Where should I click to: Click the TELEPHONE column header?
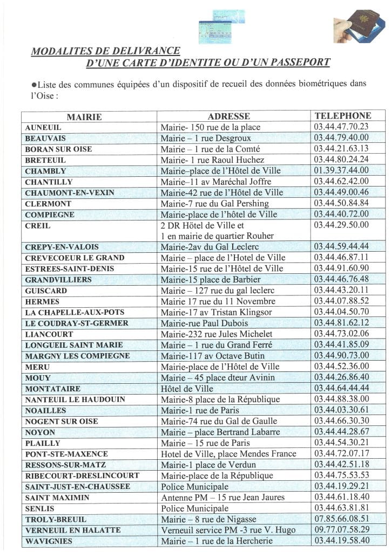pyautogui.click(x=343, y=115)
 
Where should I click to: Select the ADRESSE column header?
pyautogui.click(x=228, y=116)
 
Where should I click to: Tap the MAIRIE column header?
pyautogui.click(x=84, y=116)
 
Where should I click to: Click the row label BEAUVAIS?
pyautogui.click(x=45, y=138)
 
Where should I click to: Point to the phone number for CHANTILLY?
pyautogui.click(x=341, y=182)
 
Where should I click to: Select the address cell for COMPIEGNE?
pyautogui.click(x=219, y=215)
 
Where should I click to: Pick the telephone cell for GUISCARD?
pyautogui.click(x=341, y=291)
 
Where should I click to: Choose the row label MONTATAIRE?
pyautogui.click(x=52, y=389)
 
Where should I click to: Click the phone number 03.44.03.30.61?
pyautogui.click(x=341, y=410)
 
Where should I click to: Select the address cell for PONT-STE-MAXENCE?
pyautogui.click(x=228, y=454)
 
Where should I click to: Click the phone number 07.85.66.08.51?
pyautogui.click(x=341, y=519)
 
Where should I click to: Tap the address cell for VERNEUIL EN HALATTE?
pyautogui.click(x=228, y=530)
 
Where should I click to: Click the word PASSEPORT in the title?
pyautogui.click(x=295, y=63)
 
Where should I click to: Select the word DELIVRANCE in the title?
pyautogui.click(x=139, y=51)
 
